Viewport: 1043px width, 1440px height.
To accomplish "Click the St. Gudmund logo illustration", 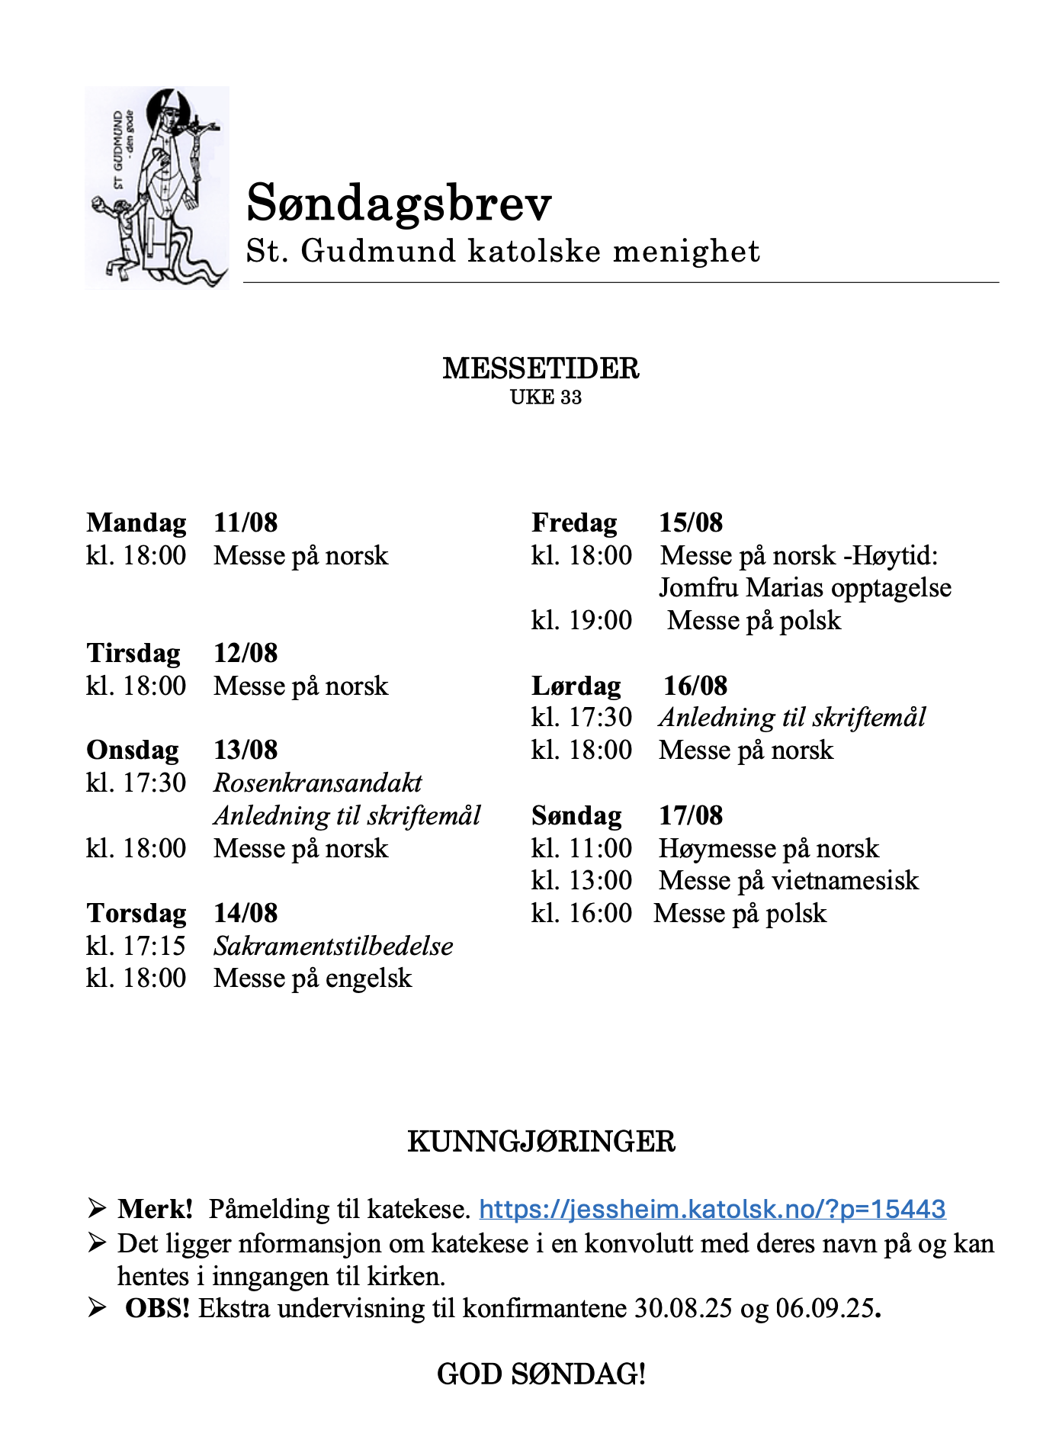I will [157, 188].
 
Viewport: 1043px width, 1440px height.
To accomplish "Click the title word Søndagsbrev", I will [399, 204].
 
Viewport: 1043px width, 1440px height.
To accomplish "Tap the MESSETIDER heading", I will [541, 368].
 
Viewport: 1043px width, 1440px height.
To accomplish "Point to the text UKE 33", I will [546, 397].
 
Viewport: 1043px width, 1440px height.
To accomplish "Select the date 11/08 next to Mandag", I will [246, 523].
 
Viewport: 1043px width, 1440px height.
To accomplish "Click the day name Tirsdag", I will [133, 654].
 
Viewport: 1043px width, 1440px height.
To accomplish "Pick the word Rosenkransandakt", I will [318, 783].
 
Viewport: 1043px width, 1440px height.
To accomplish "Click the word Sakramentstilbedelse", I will [333, 947].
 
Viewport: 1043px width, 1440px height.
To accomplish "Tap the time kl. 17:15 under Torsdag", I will [136, 947].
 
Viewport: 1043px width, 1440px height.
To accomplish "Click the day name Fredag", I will [574, 523].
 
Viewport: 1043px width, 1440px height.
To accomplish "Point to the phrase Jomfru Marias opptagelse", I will [805, 588].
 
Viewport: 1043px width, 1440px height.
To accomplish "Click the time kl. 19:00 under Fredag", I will [582, 621].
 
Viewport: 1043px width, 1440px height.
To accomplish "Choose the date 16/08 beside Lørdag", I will [695, 686].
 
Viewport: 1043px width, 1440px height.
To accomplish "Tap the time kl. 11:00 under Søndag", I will [582, 849].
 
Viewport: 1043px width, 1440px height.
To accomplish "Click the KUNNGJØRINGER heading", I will [541, 1142].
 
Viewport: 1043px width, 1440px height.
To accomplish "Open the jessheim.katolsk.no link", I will [712, 1209].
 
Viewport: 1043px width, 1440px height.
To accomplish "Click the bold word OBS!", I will [157, 1309].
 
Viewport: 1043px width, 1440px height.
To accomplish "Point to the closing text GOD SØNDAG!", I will [541, 1374].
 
